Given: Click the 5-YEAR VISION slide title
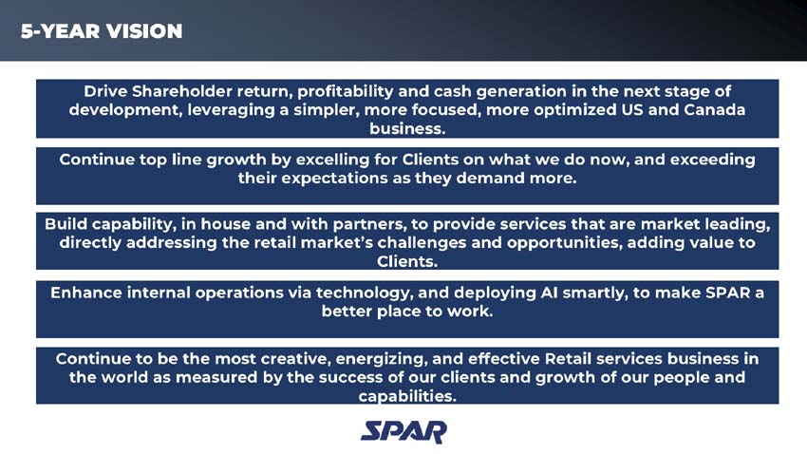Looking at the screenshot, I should click(102, 31).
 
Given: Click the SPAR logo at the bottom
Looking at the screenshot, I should click(403, 432).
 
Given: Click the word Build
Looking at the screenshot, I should click(67, 224).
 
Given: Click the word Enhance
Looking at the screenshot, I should click(85, 293).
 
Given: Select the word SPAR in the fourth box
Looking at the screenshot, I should click(723, 293).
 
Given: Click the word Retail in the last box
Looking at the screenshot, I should click(572, 359).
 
